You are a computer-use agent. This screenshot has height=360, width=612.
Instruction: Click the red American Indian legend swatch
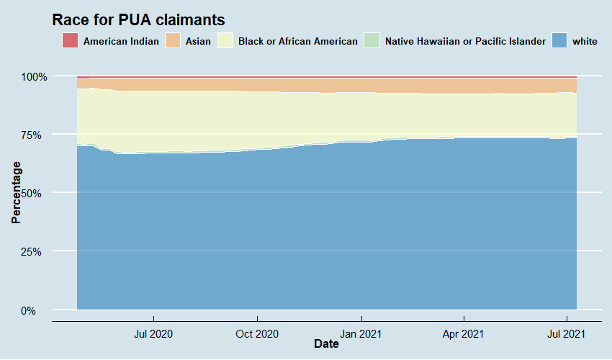click(x=70, y=41)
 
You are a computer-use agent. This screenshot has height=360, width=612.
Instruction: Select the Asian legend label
click(x=198, y=41)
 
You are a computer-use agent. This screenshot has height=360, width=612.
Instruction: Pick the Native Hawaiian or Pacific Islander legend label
click(x=465, y=41)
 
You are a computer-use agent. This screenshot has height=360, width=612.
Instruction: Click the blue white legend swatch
click(x=559, y=41)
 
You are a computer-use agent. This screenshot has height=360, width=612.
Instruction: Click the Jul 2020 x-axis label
click(x=153, y=333)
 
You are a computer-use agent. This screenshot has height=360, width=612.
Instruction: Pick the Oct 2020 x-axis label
click(x=257, y=333)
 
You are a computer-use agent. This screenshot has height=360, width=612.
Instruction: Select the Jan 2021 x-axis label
click(x=361, y=333)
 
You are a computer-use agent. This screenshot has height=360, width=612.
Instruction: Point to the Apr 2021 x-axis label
click(x=464, y=333)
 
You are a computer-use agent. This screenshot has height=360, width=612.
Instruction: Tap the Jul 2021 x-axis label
click(x=567, y=333)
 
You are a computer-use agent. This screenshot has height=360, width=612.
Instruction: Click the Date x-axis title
click(x=326, y=344)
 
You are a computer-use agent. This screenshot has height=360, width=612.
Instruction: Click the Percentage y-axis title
click(x=16, y=193)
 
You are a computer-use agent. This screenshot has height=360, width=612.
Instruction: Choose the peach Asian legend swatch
click(x=173, y=41)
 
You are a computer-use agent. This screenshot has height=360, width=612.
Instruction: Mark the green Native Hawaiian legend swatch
click(x=372, y=41)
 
